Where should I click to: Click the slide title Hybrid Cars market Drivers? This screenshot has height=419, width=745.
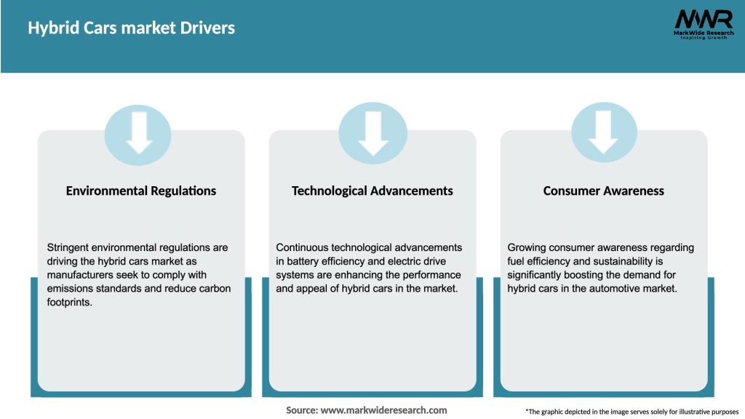coord(131,28)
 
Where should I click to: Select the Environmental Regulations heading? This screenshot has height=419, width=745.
coord(141,191)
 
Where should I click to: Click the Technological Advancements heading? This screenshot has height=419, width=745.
coord(372,191)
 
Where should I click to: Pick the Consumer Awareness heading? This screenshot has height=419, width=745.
coord(603,191)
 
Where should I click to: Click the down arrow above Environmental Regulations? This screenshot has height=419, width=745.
coord(139,131)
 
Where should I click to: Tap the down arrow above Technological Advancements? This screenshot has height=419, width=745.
coord(372,131)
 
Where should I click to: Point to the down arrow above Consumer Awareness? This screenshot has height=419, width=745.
coord(603,131)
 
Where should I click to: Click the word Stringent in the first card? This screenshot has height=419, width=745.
coord(70,247)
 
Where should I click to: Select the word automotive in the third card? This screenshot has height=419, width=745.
coord(613,289)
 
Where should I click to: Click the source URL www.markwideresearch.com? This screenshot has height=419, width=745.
coord(383,410)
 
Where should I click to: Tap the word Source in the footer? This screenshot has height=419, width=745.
coord(301,410)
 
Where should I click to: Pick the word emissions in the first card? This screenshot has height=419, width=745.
coord(71,289)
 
